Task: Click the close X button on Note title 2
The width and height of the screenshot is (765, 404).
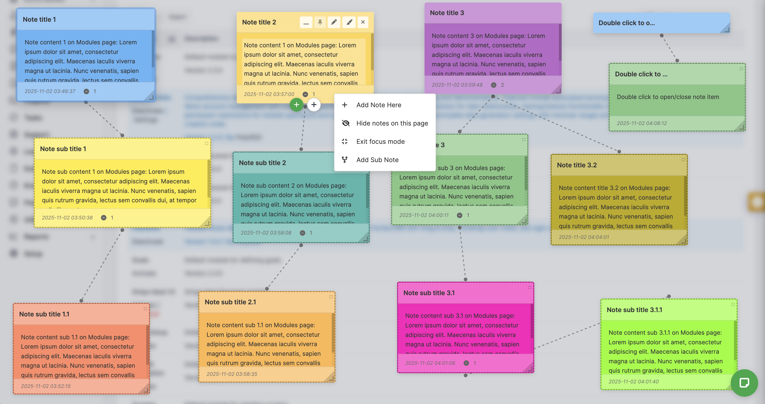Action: coord(363,22)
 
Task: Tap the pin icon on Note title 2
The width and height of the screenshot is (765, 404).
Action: coord(320,22)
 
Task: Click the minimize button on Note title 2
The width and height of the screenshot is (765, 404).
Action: coord(306,22)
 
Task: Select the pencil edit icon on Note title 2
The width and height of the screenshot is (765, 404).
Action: coord(334,22)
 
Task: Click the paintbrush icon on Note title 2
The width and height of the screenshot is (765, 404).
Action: coord(349,22)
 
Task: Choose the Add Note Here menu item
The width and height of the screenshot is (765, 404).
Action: coord(379,105)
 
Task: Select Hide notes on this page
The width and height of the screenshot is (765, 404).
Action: coord(392,123)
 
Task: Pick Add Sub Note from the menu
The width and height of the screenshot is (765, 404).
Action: coord(377,160)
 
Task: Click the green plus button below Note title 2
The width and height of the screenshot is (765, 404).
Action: coord(296,104)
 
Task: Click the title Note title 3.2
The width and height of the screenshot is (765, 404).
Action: coord(577,165)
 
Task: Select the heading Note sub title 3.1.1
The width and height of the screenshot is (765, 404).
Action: coord(634,310)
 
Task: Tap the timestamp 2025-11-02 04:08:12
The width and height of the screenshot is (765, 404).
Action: coord(642,123)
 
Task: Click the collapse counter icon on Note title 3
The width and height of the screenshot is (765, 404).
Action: coord(494,85)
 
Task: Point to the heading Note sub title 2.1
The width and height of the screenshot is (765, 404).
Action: coord(230,302)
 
